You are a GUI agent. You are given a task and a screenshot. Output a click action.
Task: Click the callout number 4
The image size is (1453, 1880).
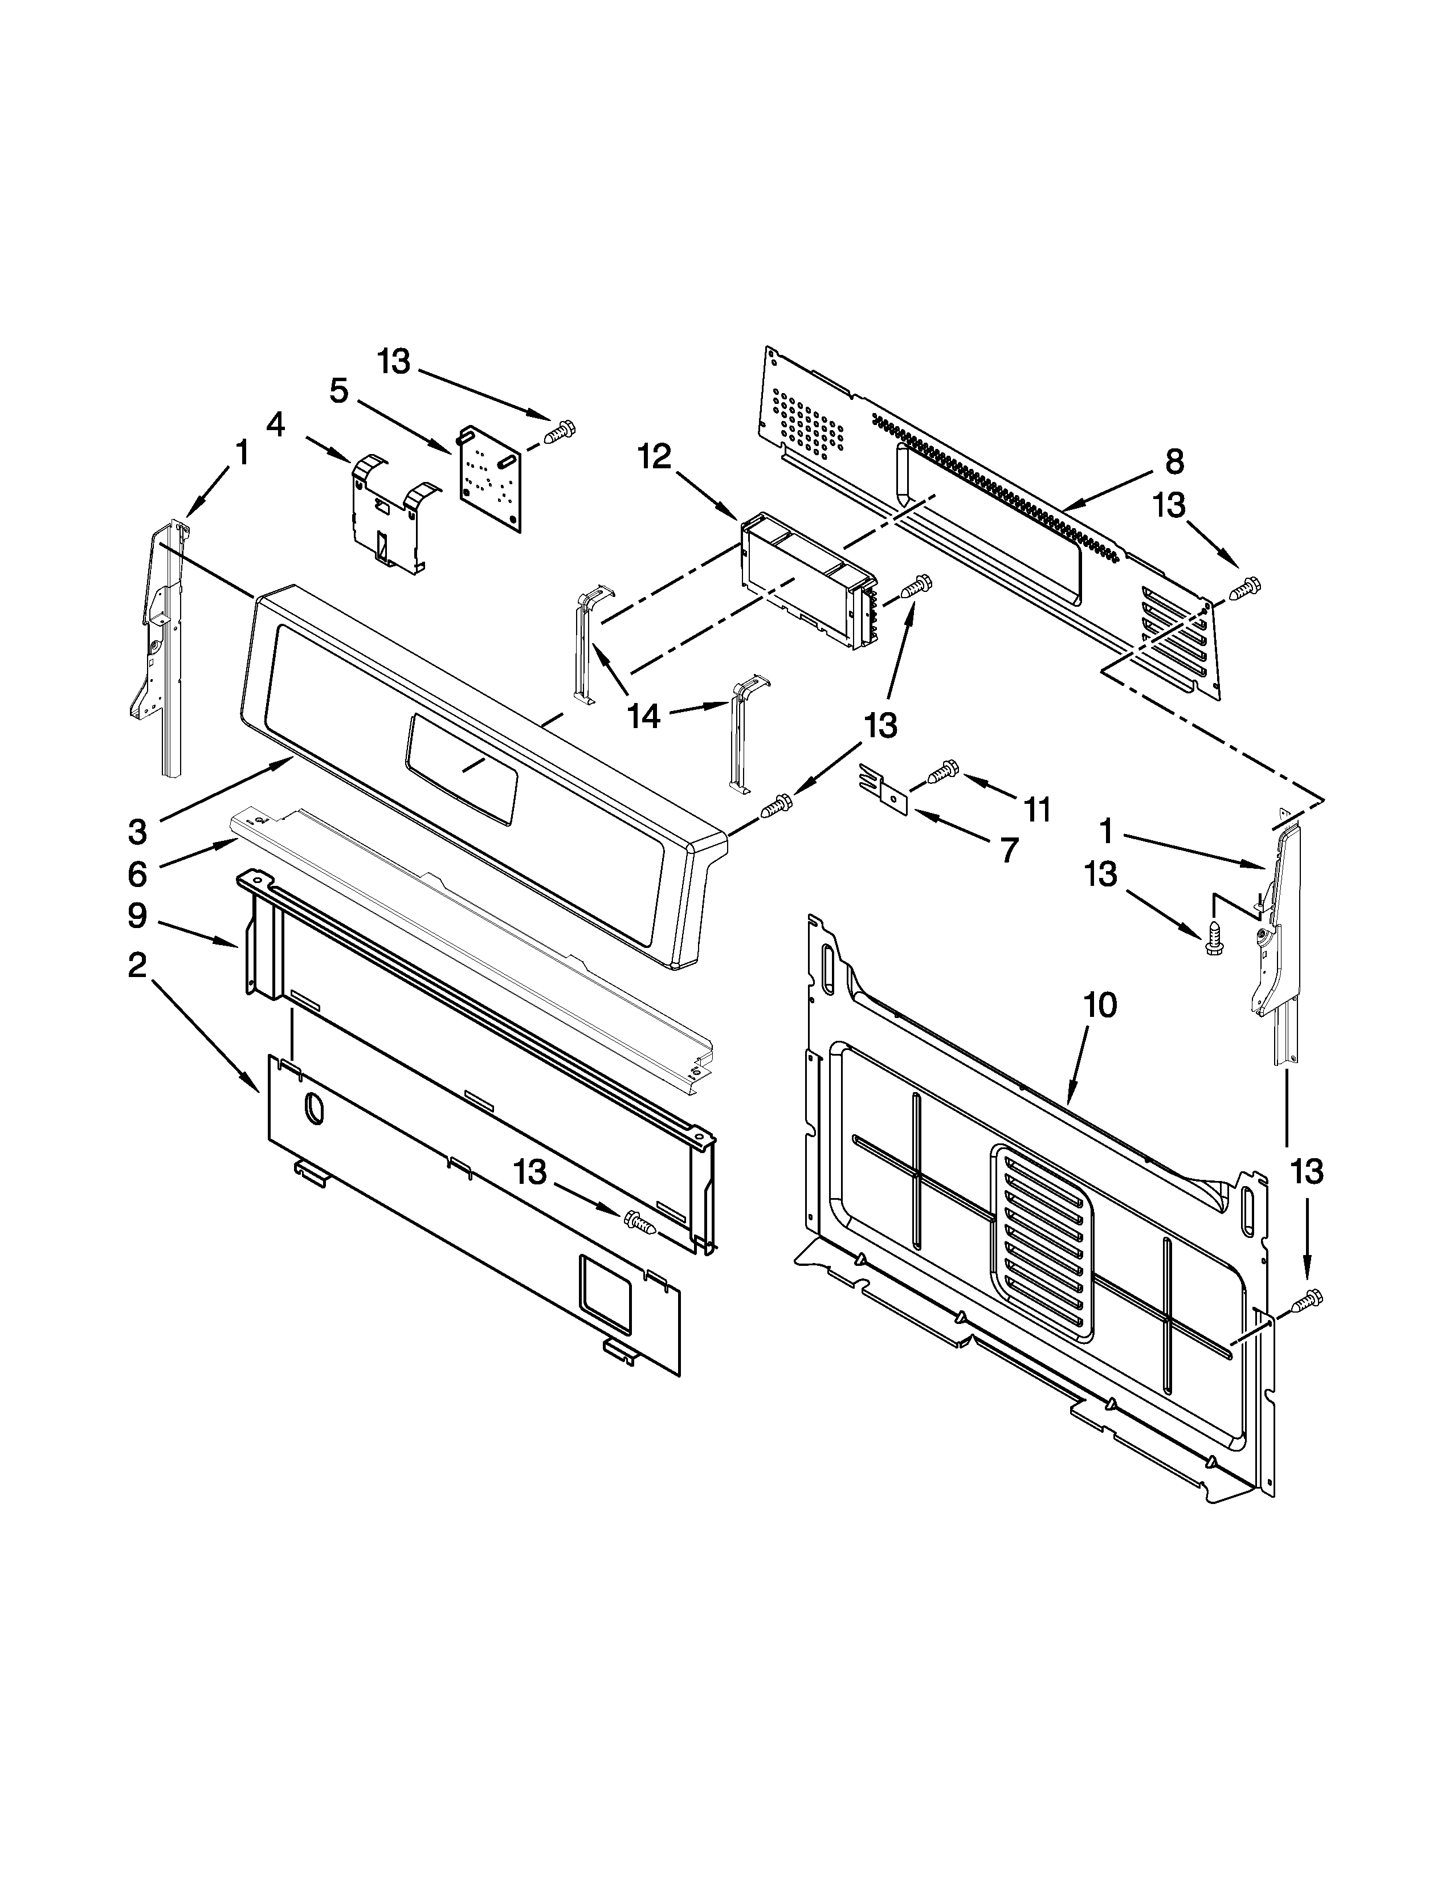click(275, 424)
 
